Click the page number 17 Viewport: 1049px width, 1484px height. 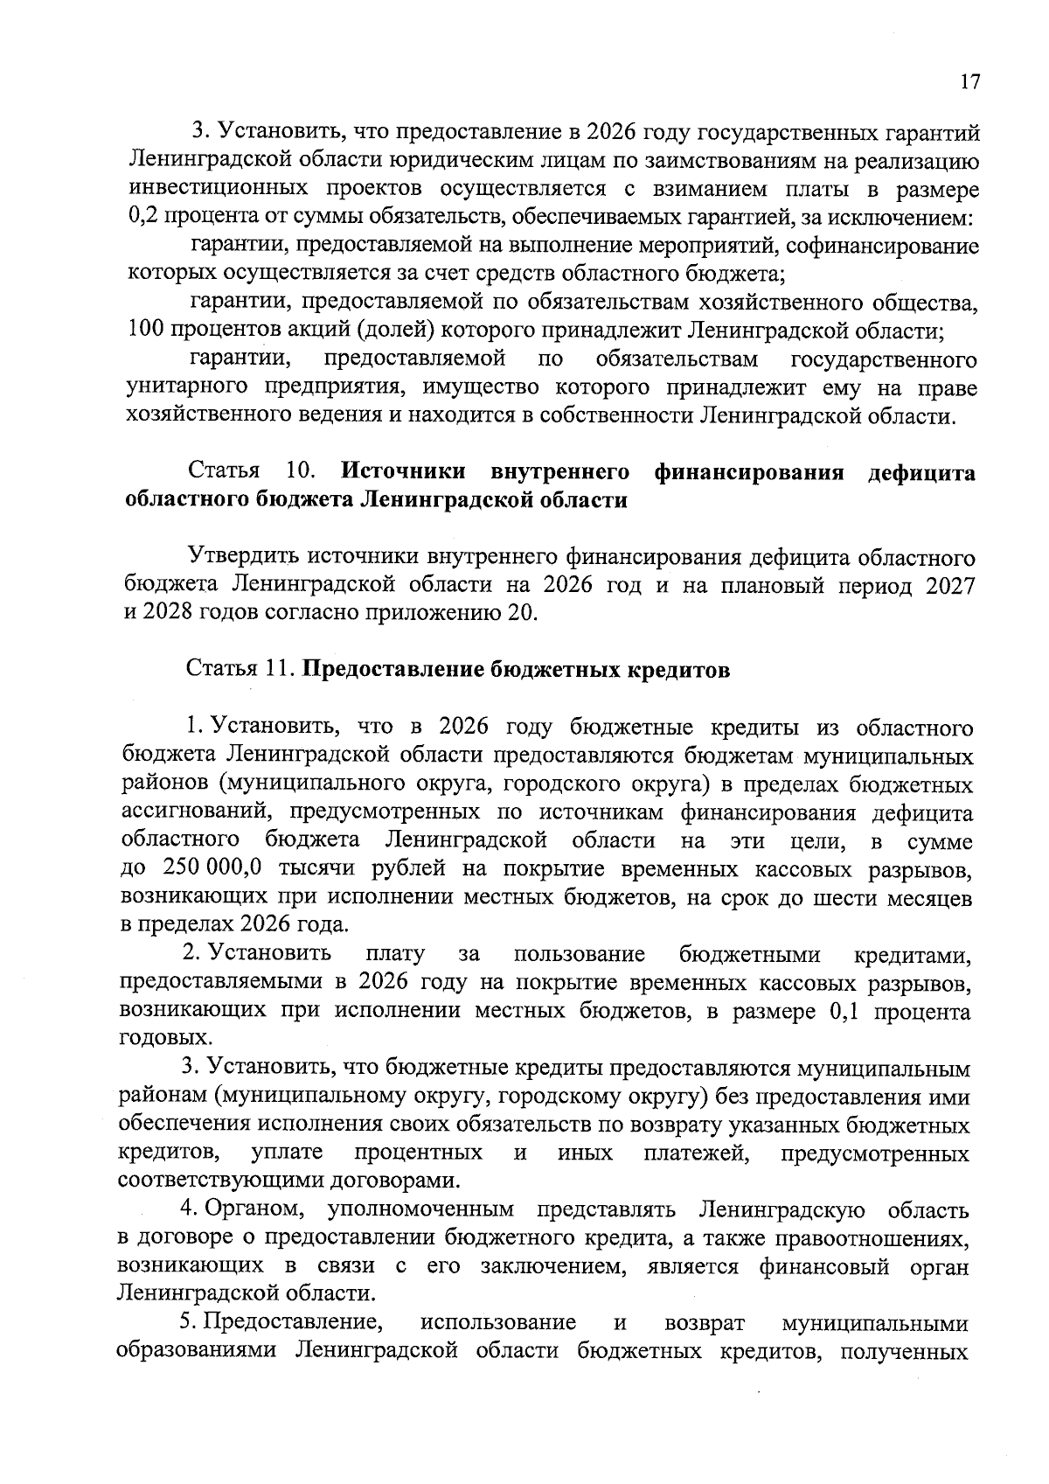[x=969, y=82]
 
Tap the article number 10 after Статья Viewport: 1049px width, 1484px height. [x=301, y=473]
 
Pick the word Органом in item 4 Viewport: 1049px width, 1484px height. [x=255, y=1211]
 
